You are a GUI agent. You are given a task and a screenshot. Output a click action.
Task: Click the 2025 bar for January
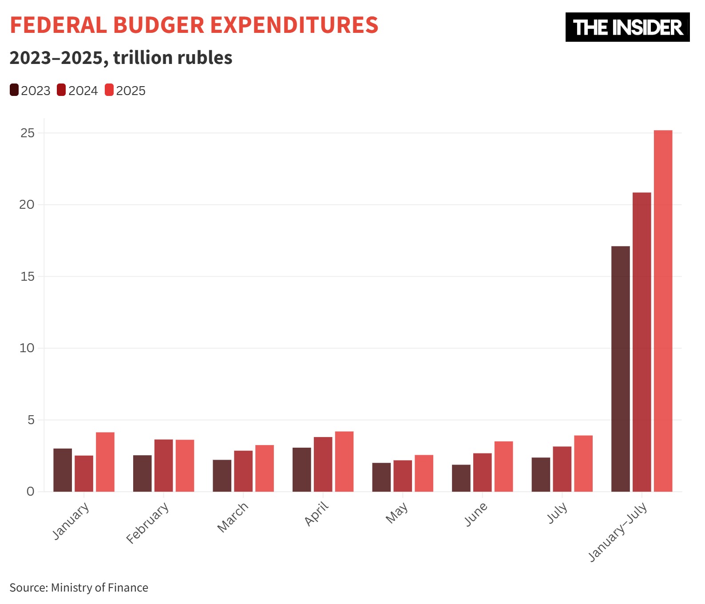tap(105, 462)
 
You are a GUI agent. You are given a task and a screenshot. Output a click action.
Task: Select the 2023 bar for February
tap(142, 473)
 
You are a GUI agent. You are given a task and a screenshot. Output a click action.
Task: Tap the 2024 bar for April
tap(323, 464)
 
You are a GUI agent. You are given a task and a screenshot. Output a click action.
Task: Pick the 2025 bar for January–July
tap(663, 311)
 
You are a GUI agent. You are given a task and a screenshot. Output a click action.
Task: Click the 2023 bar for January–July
tap(620, 369)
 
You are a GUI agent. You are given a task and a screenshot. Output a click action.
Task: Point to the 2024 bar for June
tap(482, 472)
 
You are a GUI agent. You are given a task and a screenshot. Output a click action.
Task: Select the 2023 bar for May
tap(381, 477)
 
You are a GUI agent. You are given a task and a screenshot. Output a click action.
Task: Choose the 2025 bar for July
tap(583, 463)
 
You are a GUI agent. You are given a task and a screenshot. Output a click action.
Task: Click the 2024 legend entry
tap(78, 90)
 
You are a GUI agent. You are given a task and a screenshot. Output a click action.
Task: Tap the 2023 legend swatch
tap(14, 90)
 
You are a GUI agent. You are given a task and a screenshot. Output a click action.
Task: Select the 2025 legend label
tap(131, 91)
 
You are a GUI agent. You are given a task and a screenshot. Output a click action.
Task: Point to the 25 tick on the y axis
tap(28, 133)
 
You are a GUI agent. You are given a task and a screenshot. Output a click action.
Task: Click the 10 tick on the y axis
tap(27, 348)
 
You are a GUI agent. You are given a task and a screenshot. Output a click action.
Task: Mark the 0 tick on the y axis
tap(30, 491)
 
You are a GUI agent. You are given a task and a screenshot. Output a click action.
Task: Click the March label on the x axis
tap(233, 517)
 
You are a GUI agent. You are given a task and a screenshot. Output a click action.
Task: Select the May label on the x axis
tap(396, 513)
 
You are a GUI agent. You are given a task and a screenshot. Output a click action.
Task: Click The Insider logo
tap(627, 27)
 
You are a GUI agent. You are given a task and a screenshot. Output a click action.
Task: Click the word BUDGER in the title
tap(158, 25)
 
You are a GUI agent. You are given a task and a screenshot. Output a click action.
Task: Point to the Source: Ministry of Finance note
tap(79, 588)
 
